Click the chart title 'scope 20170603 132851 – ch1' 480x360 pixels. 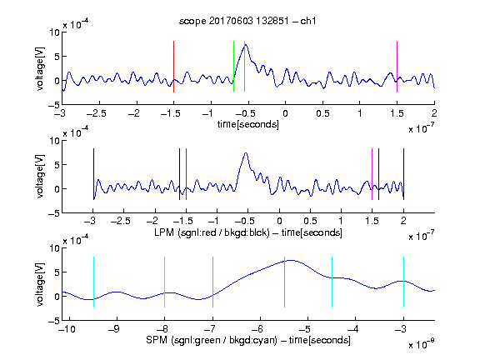click(247, 21)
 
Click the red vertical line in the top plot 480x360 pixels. click(173, 67)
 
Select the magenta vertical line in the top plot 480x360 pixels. click(397, 67)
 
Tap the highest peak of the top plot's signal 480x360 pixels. click(246, 45)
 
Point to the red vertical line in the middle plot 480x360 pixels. click(186, 174)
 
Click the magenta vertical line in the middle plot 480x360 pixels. click(372, 174)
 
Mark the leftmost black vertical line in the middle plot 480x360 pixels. click(93, 174)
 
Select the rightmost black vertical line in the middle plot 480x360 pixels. click(403, 174)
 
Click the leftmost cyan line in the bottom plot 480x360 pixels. click(93, 282)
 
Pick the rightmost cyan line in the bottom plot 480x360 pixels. click(403, 282)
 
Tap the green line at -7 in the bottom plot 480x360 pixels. click(212, 282)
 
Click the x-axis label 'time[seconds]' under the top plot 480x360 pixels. click(248, 124)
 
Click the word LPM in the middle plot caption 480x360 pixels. click(164, 232)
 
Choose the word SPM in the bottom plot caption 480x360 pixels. click(157, 340)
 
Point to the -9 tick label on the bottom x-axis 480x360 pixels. click(114, 329)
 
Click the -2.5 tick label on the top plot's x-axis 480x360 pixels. click(96, 113)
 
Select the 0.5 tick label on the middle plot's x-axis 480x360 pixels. click(310, 221)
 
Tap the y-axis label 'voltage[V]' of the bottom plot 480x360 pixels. click(40, 284)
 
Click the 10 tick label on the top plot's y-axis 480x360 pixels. click(55, 32)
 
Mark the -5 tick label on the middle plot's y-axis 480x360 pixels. click(54, 213)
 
